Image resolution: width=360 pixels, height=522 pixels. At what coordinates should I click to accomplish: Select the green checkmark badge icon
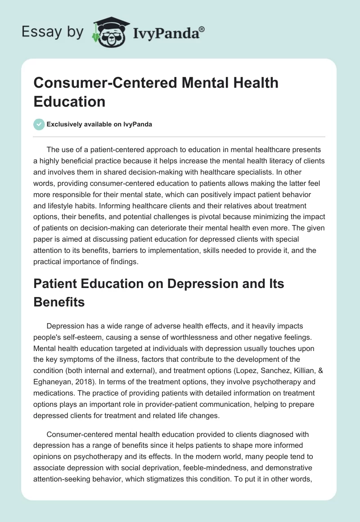(39, 125)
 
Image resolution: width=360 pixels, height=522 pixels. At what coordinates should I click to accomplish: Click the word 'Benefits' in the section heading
(59, 301)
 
